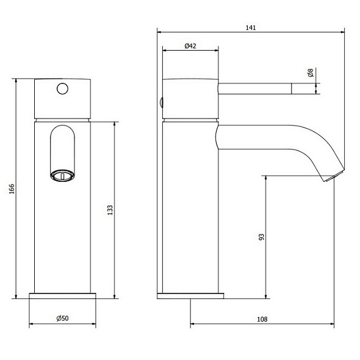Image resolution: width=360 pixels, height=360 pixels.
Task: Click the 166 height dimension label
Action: pyautogui.click(x=12, y=190)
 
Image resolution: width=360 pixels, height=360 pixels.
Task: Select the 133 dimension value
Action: pyautogui.click(x=109, y=209)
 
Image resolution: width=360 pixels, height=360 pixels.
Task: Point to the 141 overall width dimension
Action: pyautogui.click(x=251, y=27)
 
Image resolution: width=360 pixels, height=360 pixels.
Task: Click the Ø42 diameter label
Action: pyautogui.click(x=190, y=46)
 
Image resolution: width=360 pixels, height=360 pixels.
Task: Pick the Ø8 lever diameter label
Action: pyautogui.click(x=311, y=74)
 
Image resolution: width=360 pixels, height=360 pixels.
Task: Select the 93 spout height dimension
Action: pyautogui.click(x=261, y=236)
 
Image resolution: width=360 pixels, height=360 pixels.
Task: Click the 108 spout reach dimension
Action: pyautogui.click(x=262, y=318)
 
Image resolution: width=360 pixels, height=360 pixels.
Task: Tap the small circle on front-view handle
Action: pyautogui.click(x=61, y=88)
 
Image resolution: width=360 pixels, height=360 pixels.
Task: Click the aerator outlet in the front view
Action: pyautogui.click(x=62, y=176)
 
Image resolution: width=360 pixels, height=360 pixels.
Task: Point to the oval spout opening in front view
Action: pyautogui.click(x=62, y=149)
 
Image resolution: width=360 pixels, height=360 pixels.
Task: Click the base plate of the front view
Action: pyautogui.click(x=63, y=296)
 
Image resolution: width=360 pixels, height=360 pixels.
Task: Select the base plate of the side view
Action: pyautogui.click(x=190, y=296)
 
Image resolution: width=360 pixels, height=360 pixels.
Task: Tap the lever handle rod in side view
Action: pyautogui.click(x=256, y=89)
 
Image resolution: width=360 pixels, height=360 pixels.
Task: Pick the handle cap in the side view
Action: pyautogui.click(x=190, y=98)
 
